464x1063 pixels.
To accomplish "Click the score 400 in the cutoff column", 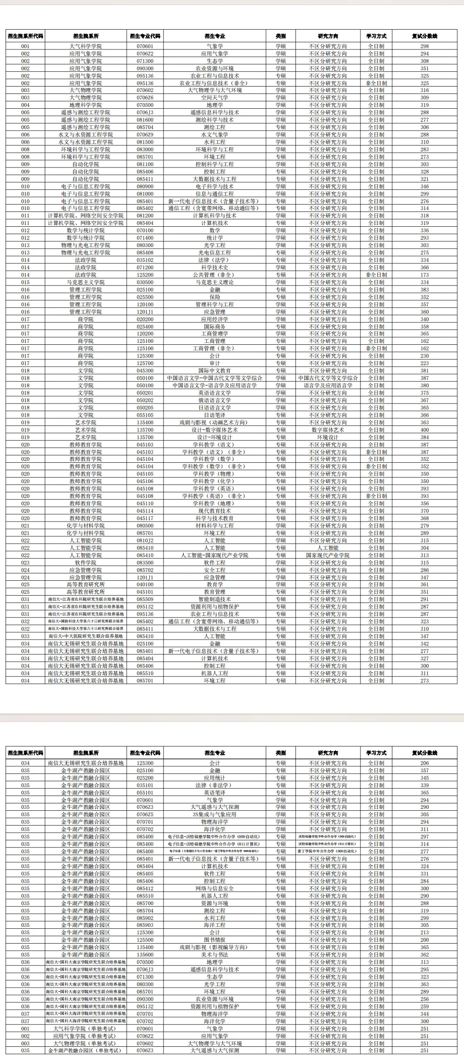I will coord(424,430).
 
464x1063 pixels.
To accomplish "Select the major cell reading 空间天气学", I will coord(214,98).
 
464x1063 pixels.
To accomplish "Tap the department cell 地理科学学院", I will coord(85,105).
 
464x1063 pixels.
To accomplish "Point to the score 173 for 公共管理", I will coord(424,275).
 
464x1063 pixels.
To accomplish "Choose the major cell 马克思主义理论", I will coord(214,282).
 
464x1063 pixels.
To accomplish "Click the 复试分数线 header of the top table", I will coord(424,36).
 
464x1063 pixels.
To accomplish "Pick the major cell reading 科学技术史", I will coord(214,267).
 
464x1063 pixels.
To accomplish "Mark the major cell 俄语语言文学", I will coord(214,400).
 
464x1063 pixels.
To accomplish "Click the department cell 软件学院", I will coord(85,563).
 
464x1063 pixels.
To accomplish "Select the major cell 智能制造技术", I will coord(214,599).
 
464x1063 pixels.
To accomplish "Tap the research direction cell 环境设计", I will coord(327,437).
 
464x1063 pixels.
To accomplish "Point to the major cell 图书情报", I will coord(214,940).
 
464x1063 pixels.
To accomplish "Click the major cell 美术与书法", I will coord(214,955).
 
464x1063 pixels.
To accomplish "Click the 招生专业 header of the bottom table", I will coord(214,753).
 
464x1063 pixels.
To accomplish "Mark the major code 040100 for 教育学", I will coord(145,584).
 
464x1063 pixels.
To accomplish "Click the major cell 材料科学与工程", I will coord(214,526).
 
